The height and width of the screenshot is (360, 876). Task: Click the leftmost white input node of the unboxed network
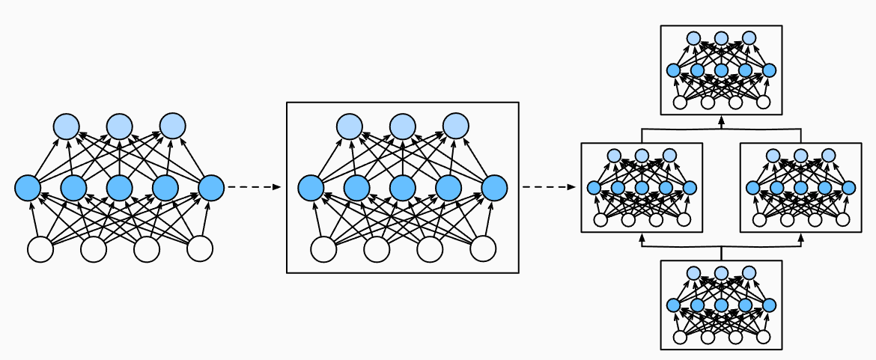[x=40, y=249]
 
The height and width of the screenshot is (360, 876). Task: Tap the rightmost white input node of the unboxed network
[x=200, y=249]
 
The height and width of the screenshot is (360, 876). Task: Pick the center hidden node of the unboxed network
[x=119, y=187]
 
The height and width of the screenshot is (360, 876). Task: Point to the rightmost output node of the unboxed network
[x=172, y=125]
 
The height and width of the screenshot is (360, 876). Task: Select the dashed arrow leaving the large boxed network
[x=548, y=187]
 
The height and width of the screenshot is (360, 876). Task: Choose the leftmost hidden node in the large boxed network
[x=311, y=187]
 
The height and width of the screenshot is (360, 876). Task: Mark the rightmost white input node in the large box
[x=483, y=249]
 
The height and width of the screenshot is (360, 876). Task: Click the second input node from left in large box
[x=377, y=249]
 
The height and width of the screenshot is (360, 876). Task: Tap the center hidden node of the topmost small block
[x=721, y=70]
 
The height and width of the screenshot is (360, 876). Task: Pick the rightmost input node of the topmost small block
[x=763, y=103]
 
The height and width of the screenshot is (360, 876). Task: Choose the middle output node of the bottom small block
[x=721, y=273]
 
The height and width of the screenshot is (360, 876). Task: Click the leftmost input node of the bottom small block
[x=680, y=338]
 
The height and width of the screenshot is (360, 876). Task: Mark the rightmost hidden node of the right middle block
[x=848, y=188]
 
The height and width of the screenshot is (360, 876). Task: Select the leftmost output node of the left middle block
[x=615, y=156]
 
